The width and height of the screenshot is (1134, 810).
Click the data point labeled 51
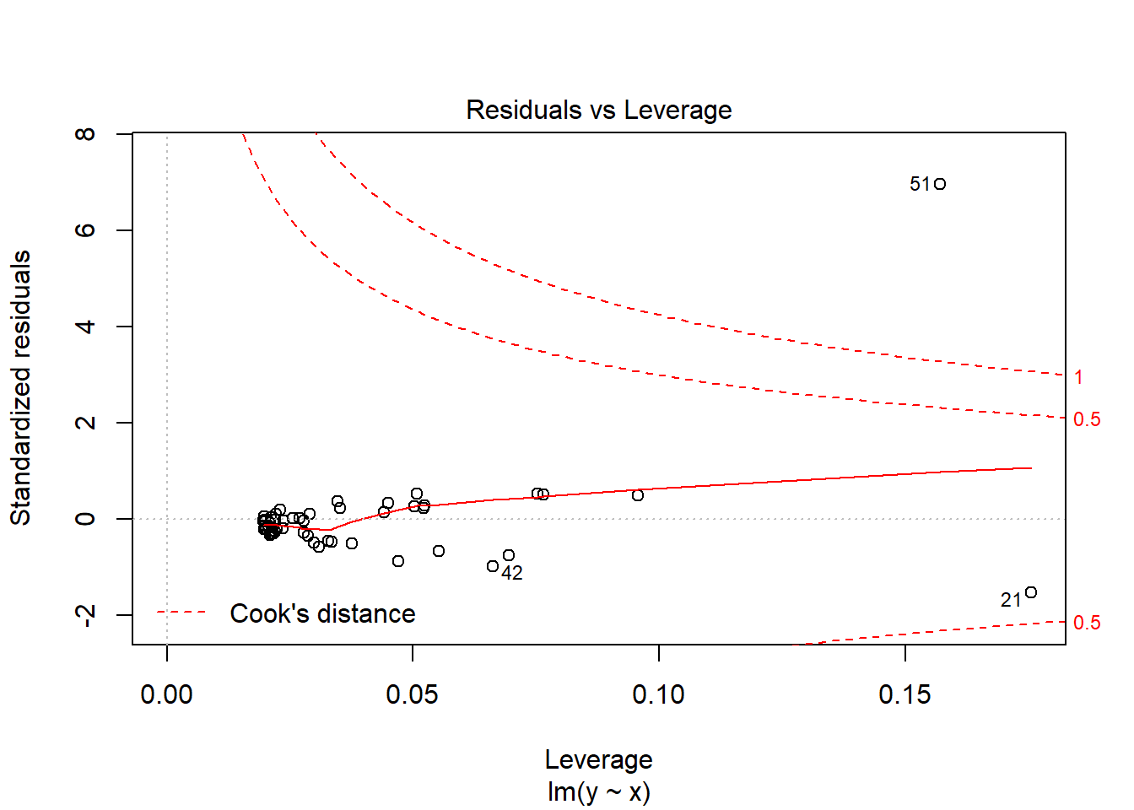click(940, 184)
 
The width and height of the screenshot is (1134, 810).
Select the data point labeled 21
click(1031, 592)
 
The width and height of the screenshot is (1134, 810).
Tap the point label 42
click(512, 574)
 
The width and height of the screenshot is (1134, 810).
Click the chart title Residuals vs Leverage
click(599, 110)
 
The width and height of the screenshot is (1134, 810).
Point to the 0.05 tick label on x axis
click(412, 694)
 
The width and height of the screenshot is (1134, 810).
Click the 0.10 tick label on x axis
click(658, 694)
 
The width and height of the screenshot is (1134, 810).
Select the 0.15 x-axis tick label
click(904, 694)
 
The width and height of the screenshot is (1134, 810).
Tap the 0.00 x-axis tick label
click(166, 694)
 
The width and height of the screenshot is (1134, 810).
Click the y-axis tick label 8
click(85, 134)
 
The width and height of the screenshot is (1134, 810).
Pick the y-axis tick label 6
click(85, 230)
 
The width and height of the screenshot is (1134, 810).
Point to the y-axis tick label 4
click(85, 327)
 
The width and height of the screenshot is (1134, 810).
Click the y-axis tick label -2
click(85, 615)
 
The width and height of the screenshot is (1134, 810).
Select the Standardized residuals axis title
click(20, 387)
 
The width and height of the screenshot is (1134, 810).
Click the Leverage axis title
click(599, 759)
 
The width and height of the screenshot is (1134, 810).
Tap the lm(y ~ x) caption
click(599, 791)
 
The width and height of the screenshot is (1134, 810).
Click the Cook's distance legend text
click(322, 613)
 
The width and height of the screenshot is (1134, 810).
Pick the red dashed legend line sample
click(181, 613)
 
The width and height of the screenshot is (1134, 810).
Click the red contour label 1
click(1078, 377)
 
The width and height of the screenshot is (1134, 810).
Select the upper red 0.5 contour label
click(1087, 419)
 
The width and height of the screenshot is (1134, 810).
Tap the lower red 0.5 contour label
click(1087, 623)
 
